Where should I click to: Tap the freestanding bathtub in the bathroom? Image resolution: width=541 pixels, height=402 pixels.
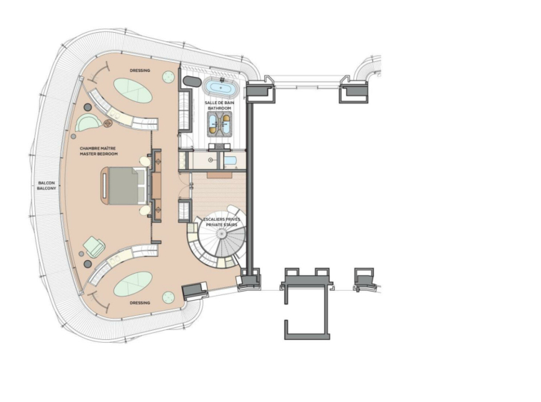click(x=221, y=88)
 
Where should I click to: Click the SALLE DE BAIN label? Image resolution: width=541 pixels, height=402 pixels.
click(x=219, y=103)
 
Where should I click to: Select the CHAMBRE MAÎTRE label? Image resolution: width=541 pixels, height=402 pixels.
click(x=98, y=148)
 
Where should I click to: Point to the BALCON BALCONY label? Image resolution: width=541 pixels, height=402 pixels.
click(x=46, y=185)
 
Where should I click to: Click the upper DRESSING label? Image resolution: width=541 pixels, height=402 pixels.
click(x=140, y=71)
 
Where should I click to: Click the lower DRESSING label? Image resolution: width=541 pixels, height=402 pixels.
click(x=140, y=303)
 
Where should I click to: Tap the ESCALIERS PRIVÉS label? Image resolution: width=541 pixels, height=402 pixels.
click(x=221, y=220)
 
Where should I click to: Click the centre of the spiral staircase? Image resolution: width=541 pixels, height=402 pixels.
click(x=221, y=234)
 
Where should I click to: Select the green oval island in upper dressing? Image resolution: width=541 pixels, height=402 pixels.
click(x=133, y=91)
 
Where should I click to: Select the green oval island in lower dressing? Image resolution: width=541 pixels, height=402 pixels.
click(x=133, y=284)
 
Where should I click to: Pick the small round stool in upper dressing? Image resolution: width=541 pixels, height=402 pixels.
click(x=168, y=77)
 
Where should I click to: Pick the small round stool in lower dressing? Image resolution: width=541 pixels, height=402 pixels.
click(x=168, y=297)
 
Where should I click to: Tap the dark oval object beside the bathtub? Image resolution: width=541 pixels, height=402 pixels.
click(x=191, y=82)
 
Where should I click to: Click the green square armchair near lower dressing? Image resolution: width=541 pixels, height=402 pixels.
click(x=94, y=247)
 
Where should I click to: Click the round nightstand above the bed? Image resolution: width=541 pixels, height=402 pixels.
click(x=145, y=161)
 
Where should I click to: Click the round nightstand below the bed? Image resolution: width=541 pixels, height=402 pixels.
click(x=145, y=210)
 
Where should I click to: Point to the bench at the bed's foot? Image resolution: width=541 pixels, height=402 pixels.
click(x=104, y=186)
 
